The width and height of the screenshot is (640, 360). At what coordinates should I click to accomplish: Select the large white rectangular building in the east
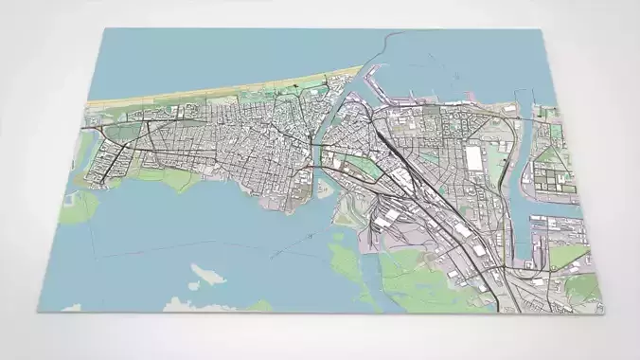(472, 155)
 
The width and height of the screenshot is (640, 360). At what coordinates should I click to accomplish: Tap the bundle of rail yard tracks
(417, 204)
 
